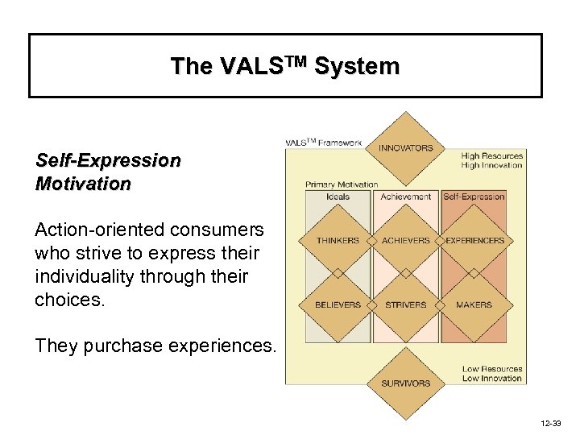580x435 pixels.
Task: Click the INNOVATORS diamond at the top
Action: pyautogui.click(x=406, y=147)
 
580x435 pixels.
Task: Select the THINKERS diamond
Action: pyautogui.click(x=338, y=240)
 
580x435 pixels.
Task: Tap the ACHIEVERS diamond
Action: pyautogui.click(x=406, y=240)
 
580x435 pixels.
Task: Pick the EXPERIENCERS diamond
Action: pyautogui.click(x=474, y=240)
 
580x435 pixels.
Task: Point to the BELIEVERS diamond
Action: pyautogui.click(x=338, y=305)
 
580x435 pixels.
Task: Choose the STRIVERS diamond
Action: pyautogui.click(x=406, y=305)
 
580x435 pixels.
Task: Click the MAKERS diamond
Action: pyautogui.click(x=474, y=305)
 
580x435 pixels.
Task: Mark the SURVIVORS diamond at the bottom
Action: pyautogui.click(x=406, y=383)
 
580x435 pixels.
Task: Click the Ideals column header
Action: pyautogui.click(x=338, y=197)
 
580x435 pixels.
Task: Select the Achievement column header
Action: pyautogui.click(x=406, y=197)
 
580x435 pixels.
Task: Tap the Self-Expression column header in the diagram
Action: pyautogui.click(x=474, y=197)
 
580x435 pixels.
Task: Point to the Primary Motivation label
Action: pyautogui.click(x=342, y=184)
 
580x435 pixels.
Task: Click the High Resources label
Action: pyautogui.click(x=491, y=156)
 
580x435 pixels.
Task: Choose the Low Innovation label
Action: pyautogui.click(x=492, y=379)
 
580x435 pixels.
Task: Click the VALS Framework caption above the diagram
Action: pyautogui.click(x=324, y=143)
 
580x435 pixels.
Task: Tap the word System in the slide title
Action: pyautogui.click(x=358, y=66)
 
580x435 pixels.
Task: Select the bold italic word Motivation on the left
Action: pyautogui.click(x=83, y=184)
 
